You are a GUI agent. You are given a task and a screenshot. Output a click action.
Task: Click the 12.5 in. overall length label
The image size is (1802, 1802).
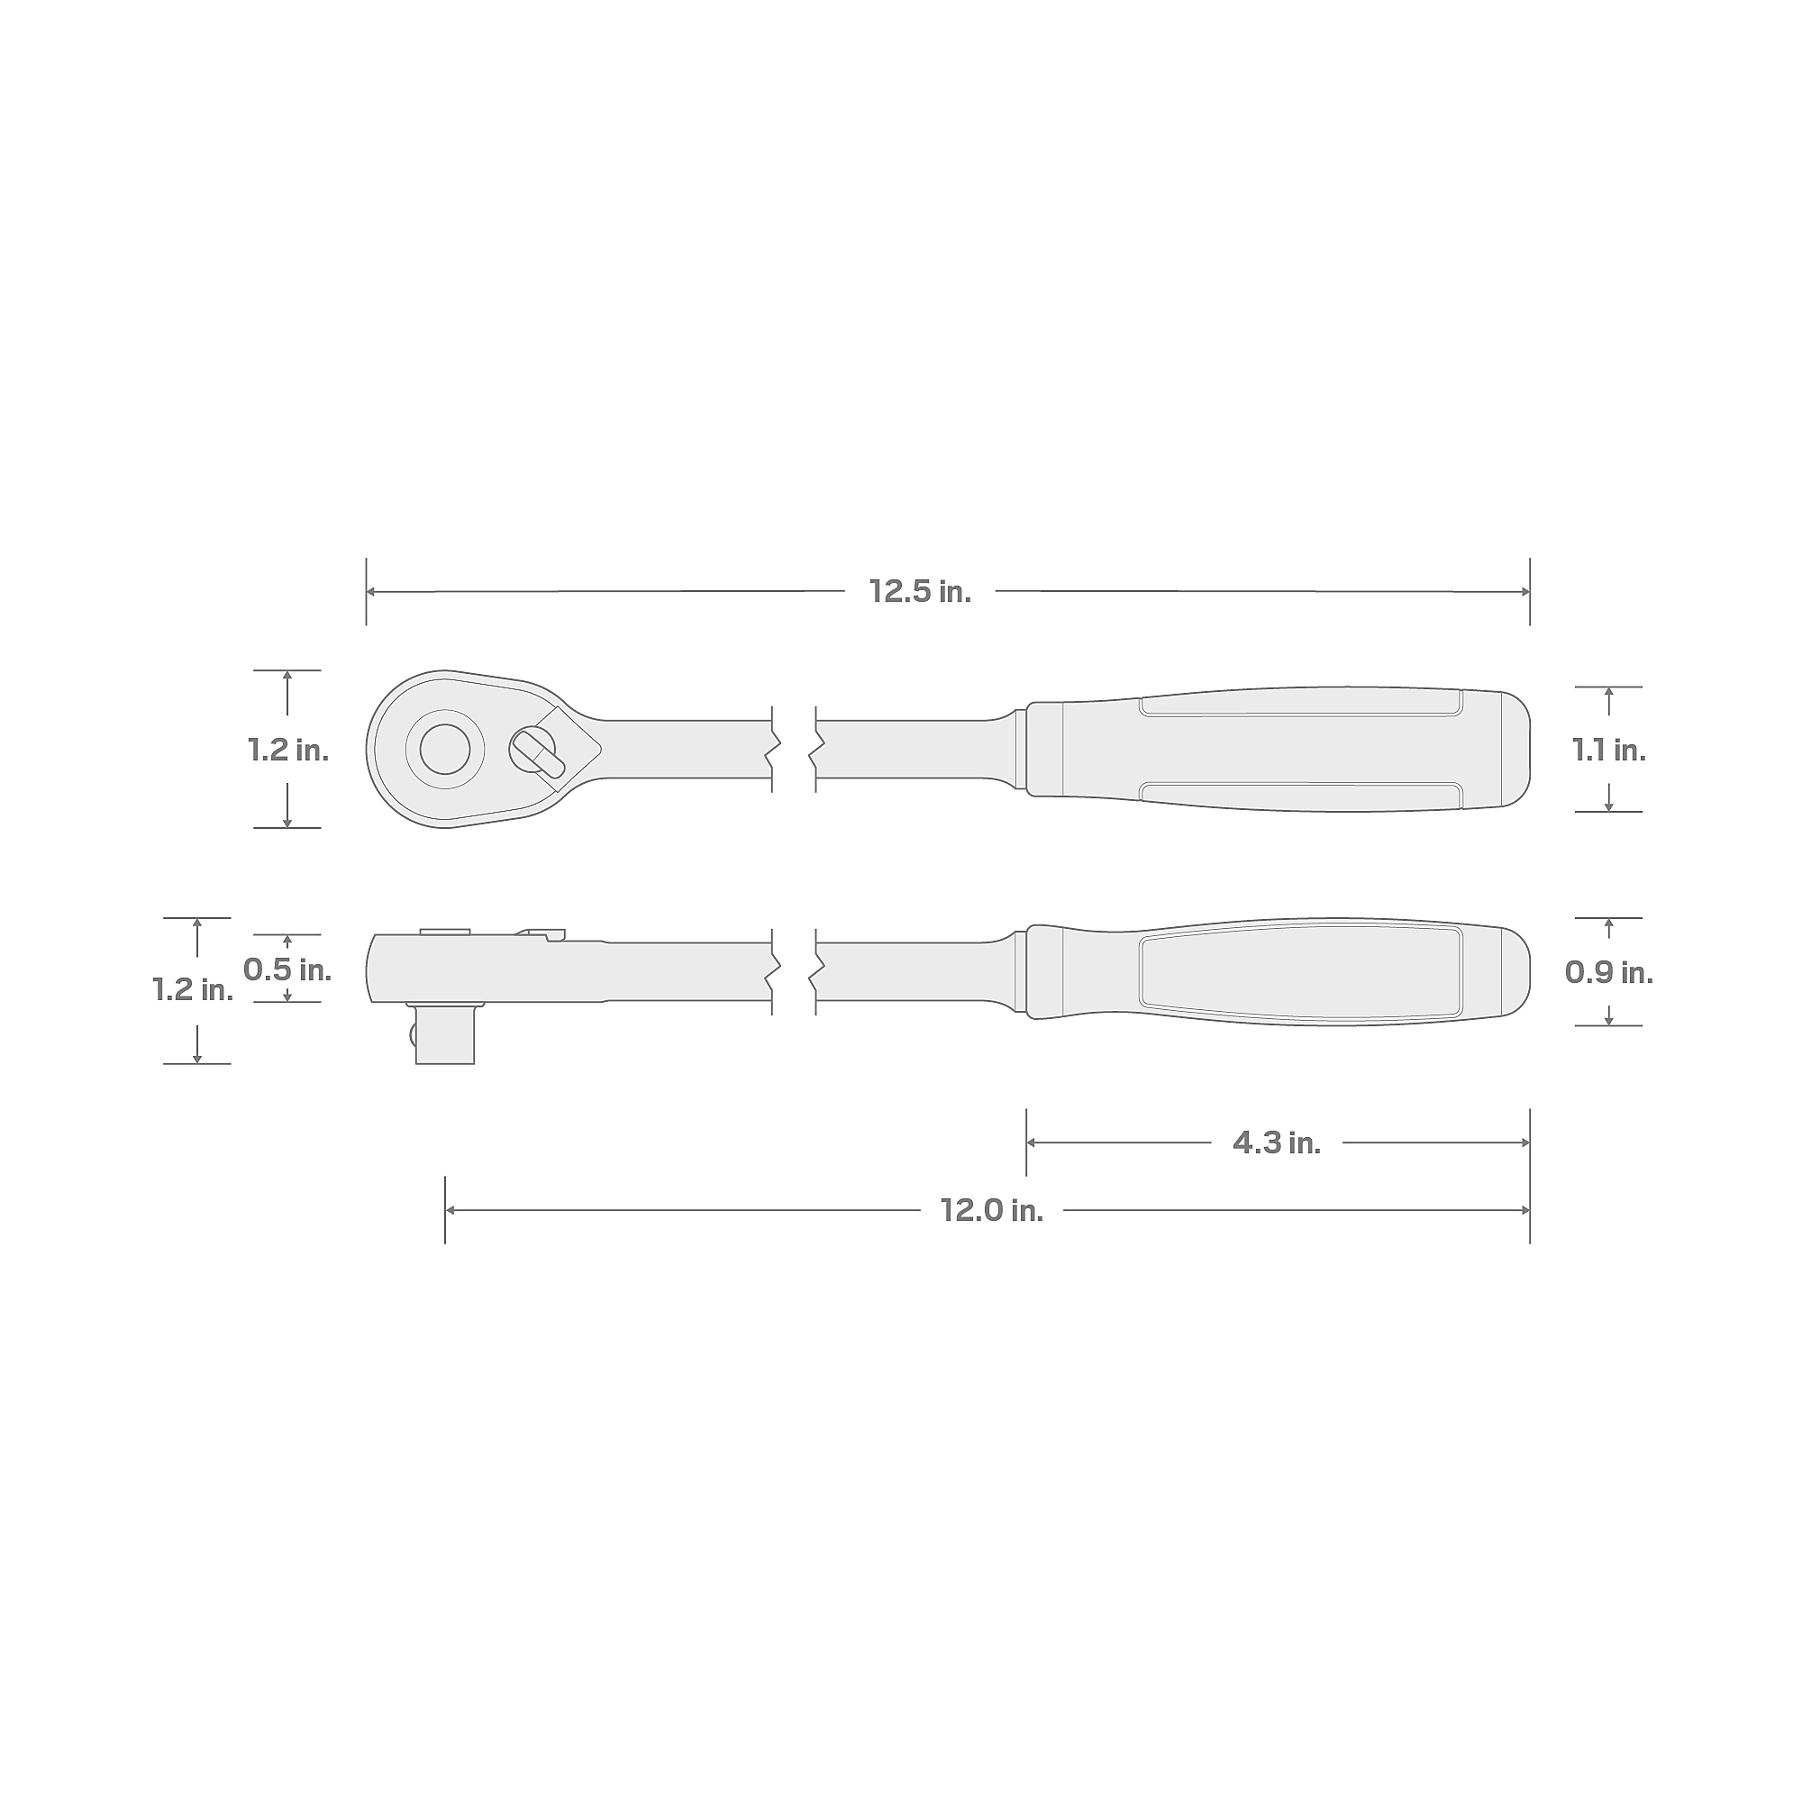click(x=920, y=591)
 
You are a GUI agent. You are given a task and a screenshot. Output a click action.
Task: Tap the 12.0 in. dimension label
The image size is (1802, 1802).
click(x=991, y=1211)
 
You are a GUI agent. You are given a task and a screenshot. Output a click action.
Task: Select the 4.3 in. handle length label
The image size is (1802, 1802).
click(x=1277, y=1143)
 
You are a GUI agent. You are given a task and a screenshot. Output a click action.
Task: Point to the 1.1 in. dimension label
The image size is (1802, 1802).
click(x=1609, y=750)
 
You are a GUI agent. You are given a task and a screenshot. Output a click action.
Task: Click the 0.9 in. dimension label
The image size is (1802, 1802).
click(x=1609, y=973)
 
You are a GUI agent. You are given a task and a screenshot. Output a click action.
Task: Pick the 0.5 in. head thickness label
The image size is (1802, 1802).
click(x=287, y=970)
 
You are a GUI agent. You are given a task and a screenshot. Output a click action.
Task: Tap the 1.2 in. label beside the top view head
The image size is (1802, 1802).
click(x=288, y=750)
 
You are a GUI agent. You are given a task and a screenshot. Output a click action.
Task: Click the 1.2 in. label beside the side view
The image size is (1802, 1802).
click(x=193, y=989)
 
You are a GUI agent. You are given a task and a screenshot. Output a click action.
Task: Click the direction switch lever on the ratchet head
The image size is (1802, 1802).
click(x=538, y=751)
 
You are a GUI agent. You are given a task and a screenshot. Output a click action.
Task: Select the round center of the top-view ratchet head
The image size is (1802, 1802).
click(x=445, y=749)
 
